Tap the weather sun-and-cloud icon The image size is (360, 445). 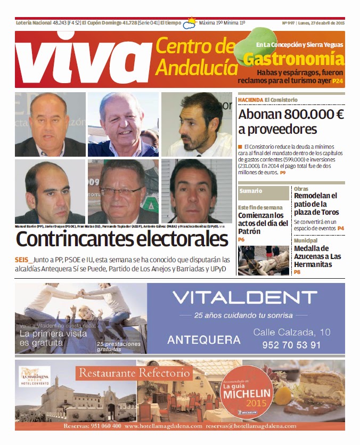point(189,23)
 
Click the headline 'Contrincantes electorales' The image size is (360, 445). point(122,240)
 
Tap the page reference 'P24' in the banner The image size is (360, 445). point(338,82)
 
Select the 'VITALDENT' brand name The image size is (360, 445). point(244,298)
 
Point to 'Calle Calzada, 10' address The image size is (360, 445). point(291,332)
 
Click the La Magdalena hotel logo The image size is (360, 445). point(34,376)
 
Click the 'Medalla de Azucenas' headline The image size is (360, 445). point(318,256)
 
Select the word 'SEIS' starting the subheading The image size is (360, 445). point(23,260)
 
